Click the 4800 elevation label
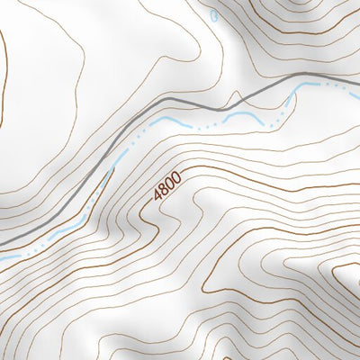167,184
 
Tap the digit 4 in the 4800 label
158,195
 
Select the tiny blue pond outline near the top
212,16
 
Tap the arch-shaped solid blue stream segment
240,115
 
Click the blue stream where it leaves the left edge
4,258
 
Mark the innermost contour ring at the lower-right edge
346,274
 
